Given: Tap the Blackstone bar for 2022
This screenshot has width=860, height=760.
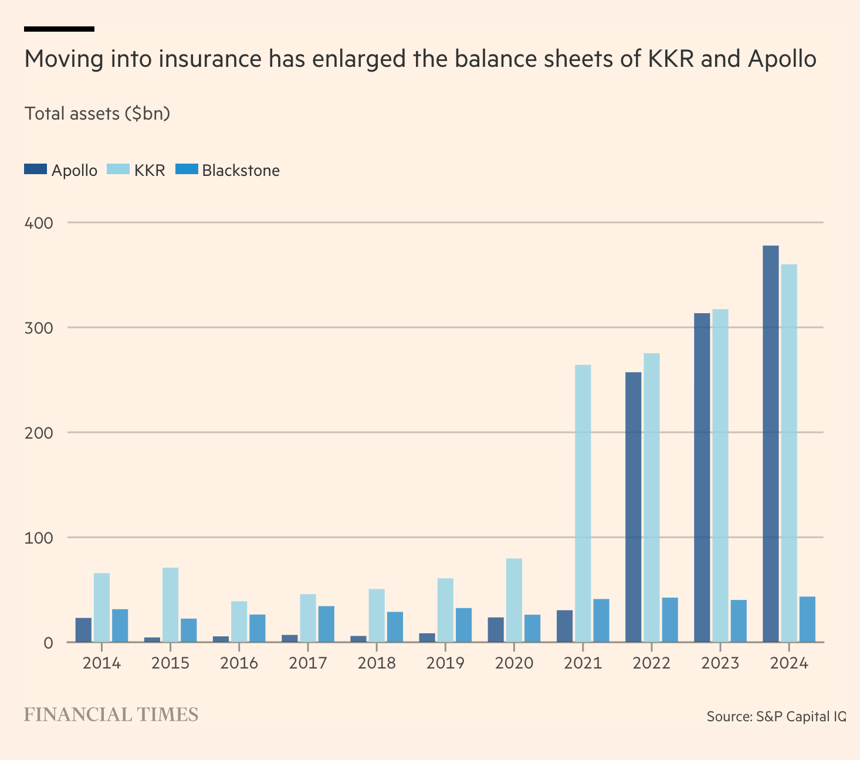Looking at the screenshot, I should pos(670,620).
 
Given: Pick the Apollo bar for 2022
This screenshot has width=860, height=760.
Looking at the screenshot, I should pos(633,507).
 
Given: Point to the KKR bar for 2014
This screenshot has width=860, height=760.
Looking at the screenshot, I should pos(101,608).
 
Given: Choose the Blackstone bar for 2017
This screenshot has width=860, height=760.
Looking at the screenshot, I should pos(326,624).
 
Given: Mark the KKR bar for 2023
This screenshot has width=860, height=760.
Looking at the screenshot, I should pos(720,476).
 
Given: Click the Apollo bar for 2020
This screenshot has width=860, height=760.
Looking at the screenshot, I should pos(496,629).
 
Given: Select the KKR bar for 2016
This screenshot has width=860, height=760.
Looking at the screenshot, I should pos(239,622).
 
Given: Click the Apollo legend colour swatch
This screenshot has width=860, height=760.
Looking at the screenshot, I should pos(35,169).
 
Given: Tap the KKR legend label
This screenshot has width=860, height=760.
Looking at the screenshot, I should pos(150,171).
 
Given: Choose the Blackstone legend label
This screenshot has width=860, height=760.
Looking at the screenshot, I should pos(241,171).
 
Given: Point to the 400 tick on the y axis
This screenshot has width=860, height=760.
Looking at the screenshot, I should pos(39,223).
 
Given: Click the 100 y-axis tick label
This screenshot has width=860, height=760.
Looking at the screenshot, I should pos(39,538).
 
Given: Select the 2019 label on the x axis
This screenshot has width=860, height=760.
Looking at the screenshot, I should pos(445,663).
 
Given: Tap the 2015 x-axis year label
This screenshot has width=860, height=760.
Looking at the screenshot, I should pos(170,663).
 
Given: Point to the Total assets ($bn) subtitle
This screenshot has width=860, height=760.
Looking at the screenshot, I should pos(97,113).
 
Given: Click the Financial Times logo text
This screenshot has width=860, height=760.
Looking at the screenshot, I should pos(111,715).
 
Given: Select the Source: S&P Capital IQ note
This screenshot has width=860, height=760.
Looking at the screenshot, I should pos(776,717).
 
